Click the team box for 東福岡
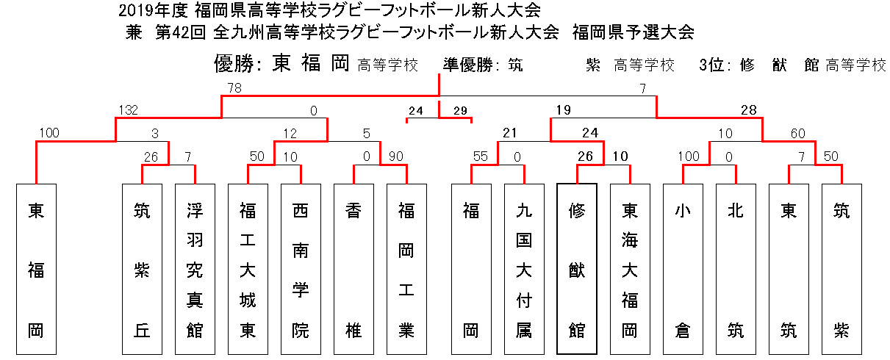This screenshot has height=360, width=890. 36,269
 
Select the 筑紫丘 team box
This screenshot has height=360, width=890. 142,269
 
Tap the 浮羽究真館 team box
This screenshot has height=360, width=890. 195,269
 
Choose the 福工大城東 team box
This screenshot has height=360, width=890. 248,269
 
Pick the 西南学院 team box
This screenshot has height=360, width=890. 301,269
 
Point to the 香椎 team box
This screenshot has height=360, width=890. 354,269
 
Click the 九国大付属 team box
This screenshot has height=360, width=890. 524,269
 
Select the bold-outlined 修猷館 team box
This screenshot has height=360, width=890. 577,269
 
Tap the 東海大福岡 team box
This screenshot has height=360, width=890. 630,269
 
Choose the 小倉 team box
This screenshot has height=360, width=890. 683,269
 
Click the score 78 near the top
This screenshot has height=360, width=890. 234,88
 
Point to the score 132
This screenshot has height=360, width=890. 129,110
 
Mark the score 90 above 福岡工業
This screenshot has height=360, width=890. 396,156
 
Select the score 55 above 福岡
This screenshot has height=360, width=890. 481,156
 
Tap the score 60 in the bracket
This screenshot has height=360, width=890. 798,134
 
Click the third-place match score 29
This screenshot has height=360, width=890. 460,110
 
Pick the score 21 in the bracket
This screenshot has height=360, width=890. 510,133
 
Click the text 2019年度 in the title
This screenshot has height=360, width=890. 153,11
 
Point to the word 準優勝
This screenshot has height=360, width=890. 468,65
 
